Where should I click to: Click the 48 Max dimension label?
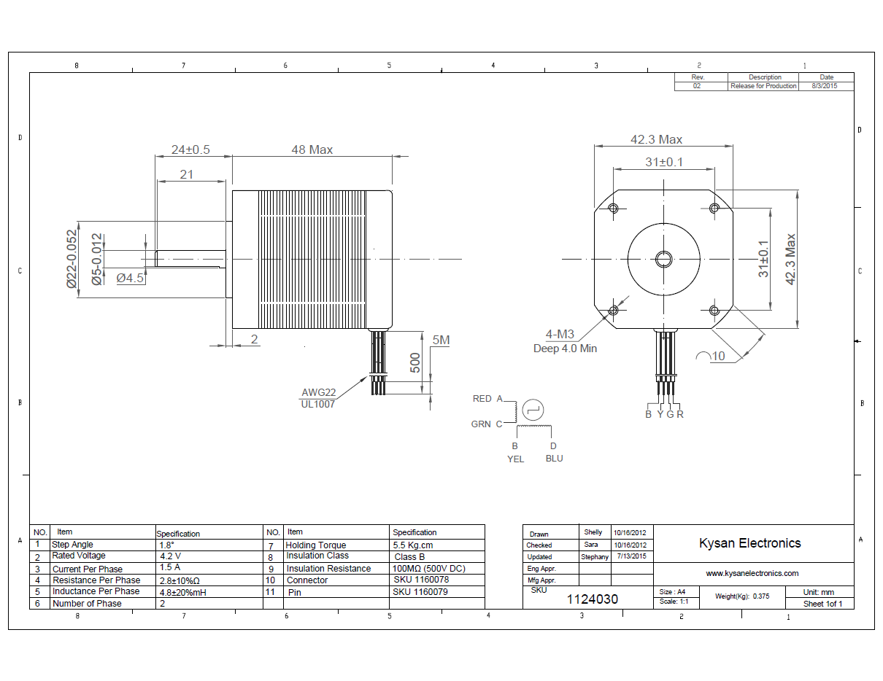pos(312,149)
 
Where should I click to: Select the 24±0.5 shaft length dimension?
pos(190,149)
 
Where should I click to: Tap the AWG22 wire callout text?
pos(319,392)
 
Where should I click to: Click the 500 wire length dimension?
pos(414,363)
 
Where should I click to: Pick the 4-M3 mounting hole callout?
pos(560,335)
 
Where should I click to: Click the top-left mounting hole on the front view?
pos(612,209)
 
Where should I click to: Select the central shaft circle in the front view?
pos(663,259)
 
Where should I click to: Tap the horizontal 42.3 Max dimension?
pos(656,139)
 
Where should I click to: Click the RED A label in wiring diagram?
pos(488,399)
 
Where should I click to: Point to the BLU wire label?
pos(554,459)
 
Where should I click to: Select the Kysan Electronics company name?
pos(749,543)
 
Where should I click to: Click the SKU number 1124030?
pos(593,599)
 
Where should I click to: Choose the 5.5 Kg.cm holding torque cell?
pos(413,545)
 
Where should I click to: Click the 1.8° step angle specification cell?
pos(167,545)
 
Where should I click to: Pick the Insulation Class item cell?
pos(317,556)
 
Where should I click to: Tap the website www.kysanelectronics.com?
pos(752,573)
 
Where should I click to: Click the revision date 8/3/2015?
pos(826,86)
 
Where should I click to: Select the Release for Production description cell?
pos(763,86)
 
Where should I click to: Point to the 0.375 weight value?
pos(761,596)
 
